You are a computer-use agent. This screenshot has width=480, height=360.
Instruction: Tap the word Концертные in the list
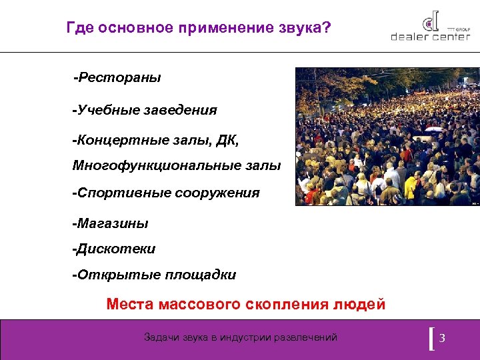click(114, 141)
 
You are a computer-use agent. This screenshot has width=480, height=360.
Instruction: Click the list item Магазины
click(111, 223)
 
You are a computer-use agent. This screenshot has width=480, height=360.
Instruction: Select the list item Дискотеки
click(114, 249)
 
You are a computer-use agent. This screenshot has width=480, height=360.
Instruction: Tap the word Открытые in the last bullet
click(109, 275)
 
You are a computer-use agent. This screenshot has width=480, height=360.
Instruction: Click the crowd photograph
click(387, 137)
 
